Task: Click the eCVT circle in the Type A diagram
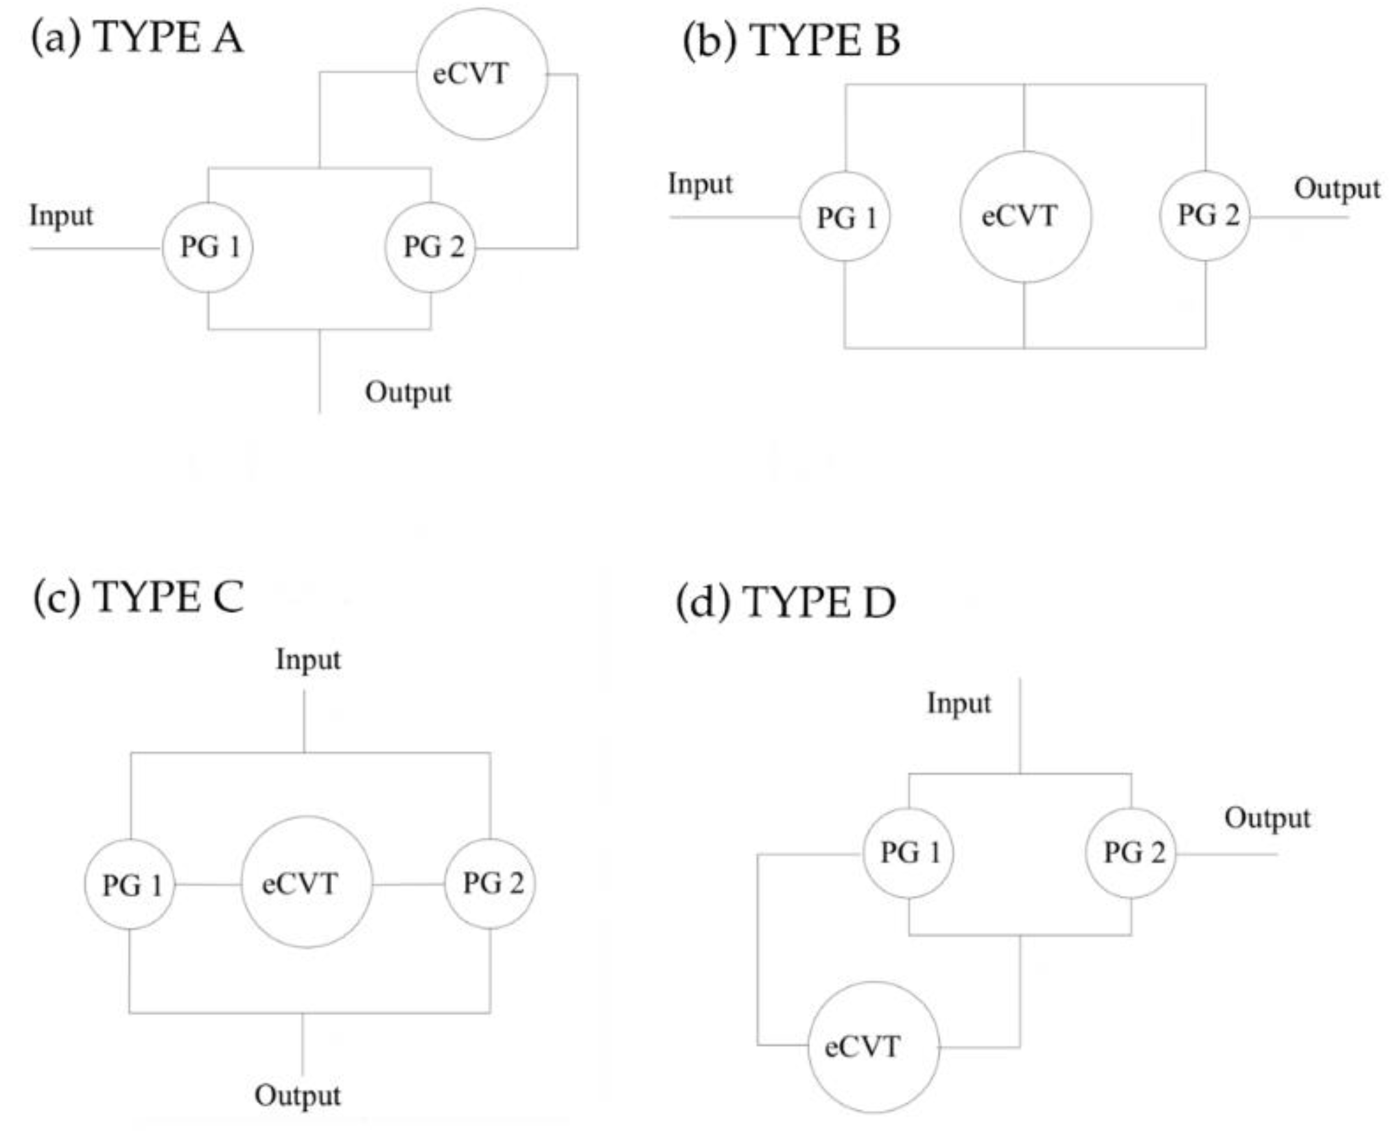tap(482, 74)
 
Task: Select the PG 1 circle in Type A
tap(208, 248)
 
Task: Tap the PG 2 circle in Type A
tap(430, 248)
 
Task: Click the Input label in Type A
tap(61, 216)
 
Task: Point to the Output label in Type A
tap(408, 392)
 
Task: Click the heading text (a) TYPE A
tap(137, 37)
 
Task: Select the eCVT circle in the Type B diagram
tap(1025, 217)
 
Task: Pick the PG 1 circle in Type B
tap(845, 217)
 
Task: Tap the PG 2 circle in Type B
tap(1206, 216)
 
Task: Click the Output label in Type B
tap(1337, 189)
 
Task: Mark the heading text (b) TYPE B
tap(791, 40)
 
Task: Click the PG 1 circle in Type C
tap(130, 885)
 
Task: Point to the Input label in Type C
tap(307, 659)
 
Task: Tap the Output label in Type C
tap(297, 1096)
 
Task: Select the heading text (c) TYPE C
tap(138, 597)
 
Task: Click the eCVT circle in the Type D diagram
tap(874, 1047)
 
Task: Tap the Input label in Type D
tap(959, 704)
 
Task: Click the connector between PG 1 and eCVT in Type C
tap(208, 885)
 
